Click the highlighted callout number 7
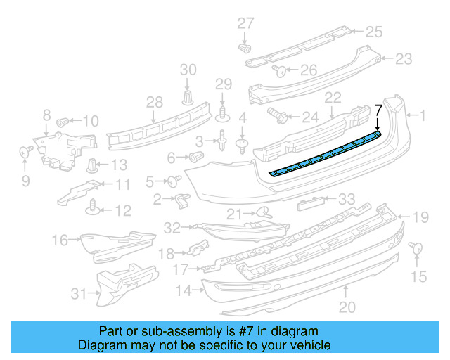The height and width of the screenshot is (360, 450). pos(378,109)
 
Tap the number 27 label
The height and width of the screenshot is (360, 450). pos(245,23)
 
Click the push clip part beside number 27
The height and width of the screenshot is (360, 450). pos(245,48)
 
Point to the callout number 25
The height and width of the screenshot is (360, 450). pos(373,31)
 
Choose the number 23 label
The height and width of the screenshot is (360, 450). pos(404,58)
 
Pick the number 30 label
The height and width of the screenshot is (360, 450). pos(188,69)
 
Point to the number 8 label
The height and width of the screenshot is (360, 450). pos(46,114)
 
